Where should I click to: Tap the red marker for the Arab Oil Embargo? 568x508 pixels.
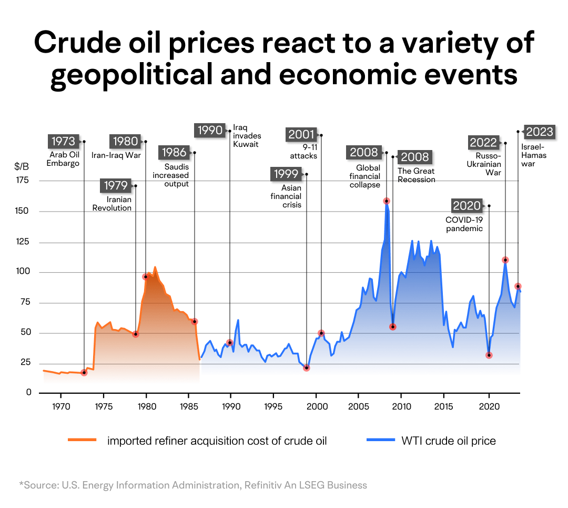[x=84, y=373]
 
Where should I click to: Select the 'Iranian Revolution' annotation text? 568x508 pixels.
[x=112, y=204]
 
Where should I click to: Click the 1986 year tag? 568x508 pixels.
[x=174, y=153]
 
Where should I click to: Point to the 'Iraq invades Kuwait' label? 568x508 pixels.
[x=247, y=136]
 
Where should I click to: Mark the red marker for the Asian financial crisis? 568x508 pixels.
[x=307, y=368]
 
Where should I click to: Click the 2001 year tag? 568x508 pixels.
[x=301, y=135]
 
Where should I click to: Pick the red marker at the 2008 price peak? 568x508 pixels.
[x=387, y=201]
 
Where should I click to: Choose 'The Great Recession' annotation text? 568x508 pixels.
[x=417, y=175]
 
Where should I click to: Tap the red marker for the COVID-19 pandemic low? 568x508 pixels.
[x=489, y=355]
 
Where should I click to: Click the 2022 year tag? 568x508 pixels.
[x=483, y=143]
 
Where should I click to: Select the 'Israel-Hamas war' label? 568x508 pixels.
[x=534, y=155]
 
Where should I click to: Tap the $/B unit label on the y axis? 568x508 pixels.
[x=22, y=166]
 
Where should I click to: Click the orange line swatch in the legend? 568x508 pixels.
[x=83, y=441]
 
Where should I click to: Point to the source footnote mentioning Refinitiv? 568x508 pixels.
[x=192, y=485]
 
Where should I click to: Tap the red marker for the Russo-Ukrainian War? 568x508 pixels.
[x=505, y=260]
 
